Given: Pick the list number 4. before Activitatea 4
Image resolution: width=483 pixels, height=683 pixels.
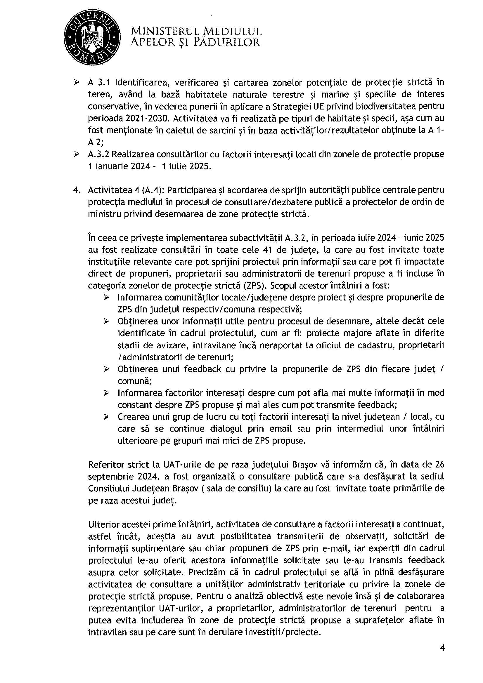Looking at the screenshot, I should (x=77, y=190).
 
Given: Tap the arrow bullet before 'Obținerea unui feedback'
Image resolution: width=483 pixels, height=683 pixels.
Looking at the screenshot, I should (x=107, y=369).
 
